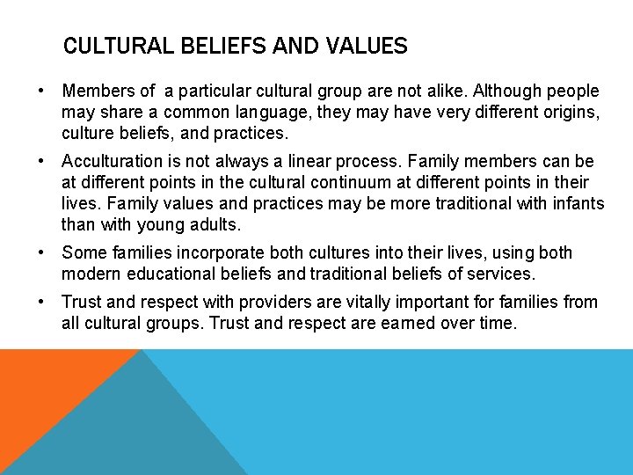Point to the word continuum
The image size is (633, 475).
362,182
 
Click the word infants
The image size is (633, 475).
577,203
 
